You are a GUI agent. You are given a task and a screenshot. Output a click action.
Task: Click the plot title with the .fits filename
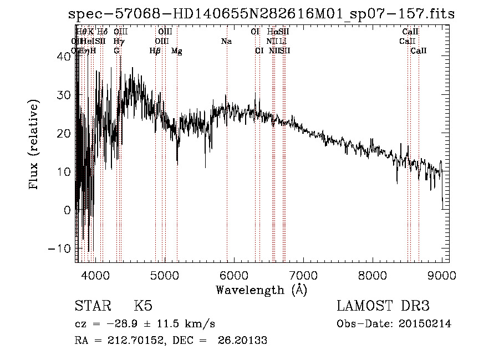pyautogui.click(x=261, y=14)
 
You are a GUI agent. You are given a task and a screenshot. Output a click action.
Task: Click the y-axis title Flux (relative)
pyautogui.click(x=34, y=144)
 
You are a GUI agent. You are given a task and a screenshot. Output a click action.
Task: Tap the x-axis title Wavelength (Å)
pyautogui.click(x=261, y=290)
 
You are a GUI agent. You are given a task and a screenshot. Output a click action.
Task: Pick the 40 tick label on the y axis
pyautogui.click(x=64, y=57)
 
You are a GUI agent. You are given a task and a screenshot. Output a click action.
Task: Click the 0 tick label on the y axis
pyautogui.click(x=68, y=210)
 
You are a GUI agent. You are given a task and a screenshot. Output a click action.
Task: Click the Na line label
pyautogui.click(x=226, y=42)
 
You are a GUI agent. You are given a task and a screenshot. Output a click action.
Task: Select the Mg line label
pyautogui.click(x=176, y=51)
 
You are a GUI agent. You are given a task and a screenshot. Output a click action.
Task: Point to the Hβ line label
pyautogui.click(x=155, y=51)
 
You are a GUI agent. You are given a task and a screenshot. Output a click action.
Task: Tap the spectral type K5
pyautogui.click(x=143, y=306)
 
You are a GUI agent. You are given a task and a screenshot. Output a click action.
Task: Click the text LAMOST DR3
pyautogui.click(x=383, y=306)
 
